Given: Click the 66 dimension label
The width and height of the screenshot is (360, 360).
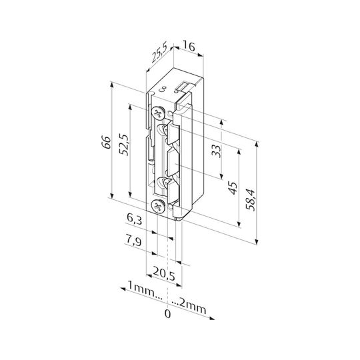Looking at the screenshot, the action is pyautogui.click(x=106, y=143).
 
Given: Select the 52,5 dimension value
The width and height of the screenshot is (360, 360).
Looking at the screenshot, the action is pyautogui.click(x=124, y=145).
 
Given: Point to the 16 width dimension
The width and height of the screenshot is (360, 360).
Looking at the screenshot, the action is pyautogui.click(x=189, y=47).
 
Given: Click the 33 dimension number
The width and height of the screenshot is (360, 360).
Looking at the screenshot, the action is pyautogui.click(x=216, y=151).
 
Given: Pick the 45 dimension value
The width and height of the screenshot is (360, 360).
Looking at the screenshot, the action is pyautogui.click(x=233, y=188).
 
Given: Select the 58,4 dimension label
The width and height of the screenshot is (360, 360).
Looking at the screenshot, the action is pyautogui.click(x=250, y=200).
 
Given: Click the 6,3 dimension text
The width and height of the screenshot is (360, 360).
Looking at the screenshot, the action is pyautogui.click(x=135, y=219).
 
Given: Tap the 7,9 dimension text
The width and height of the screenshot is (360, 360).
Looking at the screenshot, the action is pyautogui.click(x=133, y=241).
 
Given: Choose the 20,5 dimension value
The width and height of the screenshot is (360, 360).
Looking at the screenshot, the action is pyautogui.click(x=164, y=273).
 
